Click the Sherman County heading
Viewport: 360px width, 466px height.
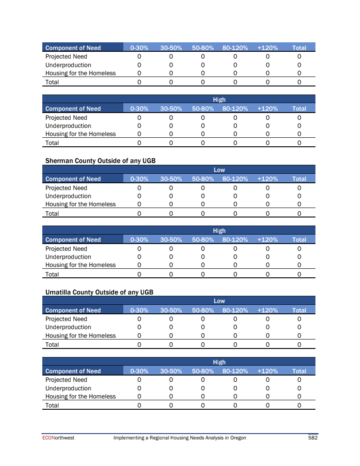pos(100,161)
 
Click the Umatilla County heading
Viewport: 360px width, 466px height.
pos(99,292)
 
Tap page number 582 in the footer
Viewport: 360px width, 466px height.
pos(313,438)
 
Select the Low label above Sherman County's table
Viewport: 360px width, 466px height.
pos(219,170)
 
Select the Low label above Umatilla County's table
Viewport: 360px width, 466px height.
pos(219,301)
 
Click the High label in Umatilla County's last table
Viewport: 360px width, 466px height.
pos(219,362)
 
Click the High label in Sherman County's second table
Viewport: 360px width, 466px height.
pos(219,231)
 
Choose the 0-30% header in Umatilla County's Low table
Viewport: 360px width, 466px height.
pos(139,310)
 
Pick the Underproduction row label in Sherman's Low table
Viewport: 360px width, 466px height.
pos(68,196)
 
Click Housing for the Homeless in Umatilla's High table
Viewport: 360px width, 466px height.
pos(81,397)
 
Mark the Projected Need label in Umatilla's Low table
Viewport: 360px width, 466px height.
pos(66,319)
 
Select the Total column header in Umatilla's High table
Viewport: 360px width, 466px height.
pos(299,371)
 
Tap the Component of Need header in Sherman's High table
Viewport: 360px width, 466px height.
pos(73,240)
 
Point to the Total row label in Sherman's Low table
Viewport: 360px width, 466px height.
pos(52,213)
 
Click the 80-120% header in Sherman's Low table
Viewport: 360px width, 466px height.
pos(235,179)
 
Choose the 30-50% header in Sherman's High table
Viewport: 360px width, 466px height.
pos(171,240)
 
